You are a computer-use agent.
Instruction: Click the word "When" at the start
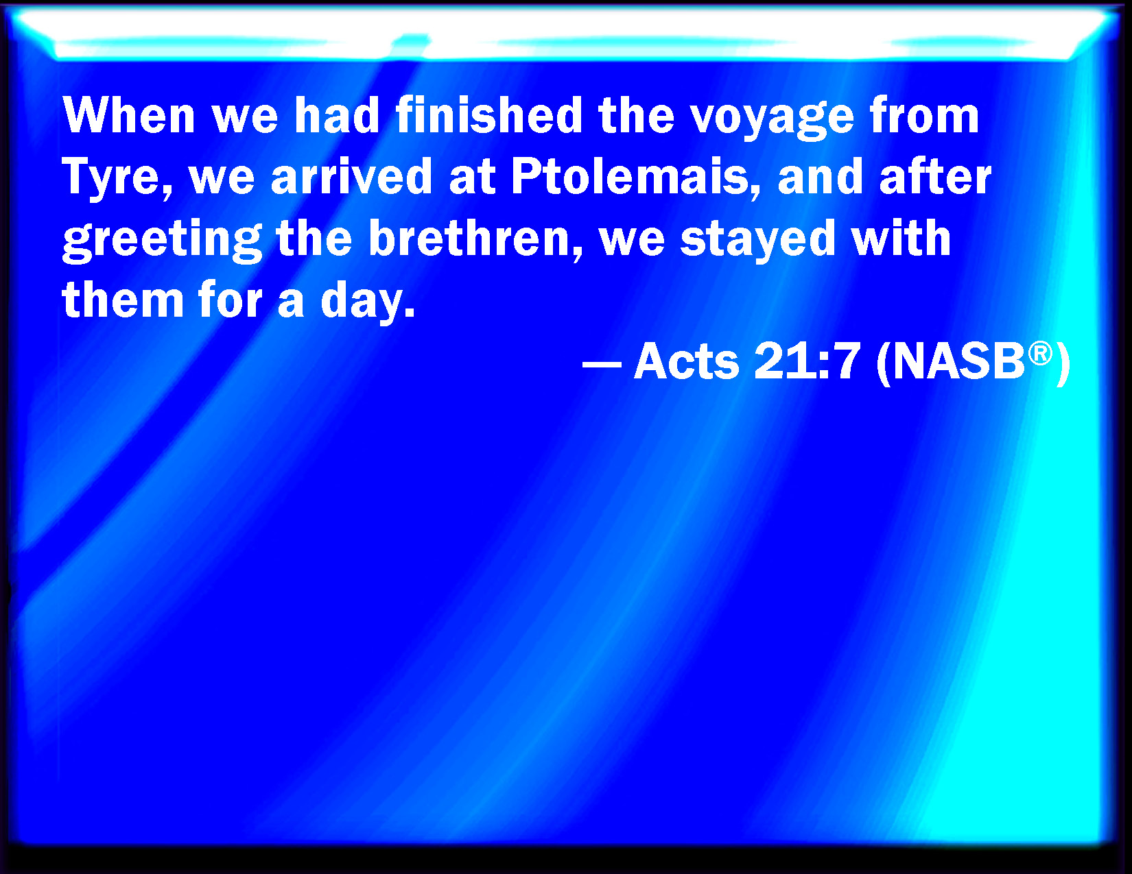129,115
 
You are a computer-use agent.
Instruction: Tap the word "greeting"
162,240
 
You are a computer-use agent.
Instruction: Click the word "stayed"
758,240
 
